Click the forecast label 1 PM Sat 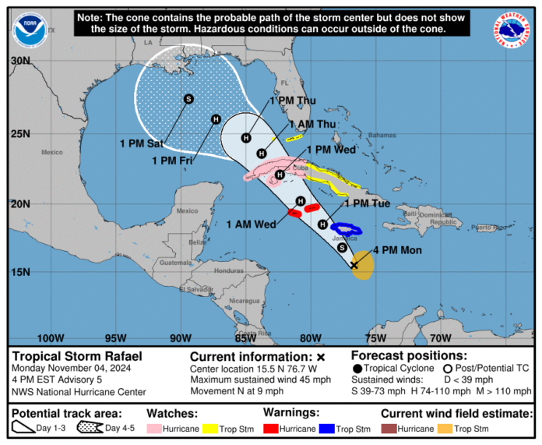pos(141,143)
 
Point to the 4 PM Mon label pos(399,250)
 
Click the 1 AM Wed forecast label pos(251,224)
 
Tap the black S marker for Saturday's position pos(188,99)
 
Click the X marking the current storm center pos(354,265)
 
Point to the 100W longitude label pos(51,338)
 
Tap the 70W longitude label pos(440,338)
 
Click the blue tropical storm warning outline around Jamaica pos(347,230)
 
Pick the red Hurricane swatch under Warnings pos(274,429)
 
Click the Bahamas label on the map pos(382,135)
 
